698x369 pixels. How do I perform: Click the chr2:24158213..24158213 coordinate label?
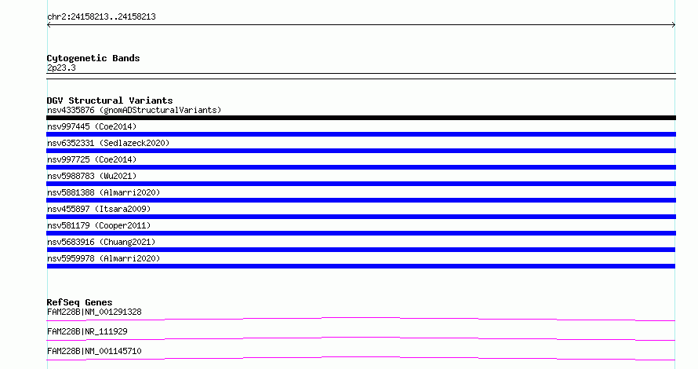point(101,17)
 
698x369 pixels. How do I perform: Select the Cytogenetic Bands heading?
point(93,58)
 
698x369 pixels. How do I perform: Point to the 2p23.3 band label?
point(61,68)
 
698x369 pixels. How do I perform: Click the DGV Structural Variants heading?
point(110,100)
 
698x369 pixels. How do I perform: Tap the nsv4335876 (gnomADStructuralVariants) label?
point(134,110)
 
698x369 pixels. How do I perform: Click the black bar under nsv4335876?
point(361,118)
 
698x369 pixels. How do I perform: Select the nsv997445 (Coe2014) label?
point(92,126)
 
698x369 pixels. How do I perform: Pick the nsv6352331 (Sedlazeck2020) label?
point(108,143)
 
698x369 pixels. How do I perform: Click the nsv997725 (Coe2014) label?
point(92,159)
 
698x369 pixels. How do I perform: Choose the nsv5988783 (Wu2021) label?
point(92,176)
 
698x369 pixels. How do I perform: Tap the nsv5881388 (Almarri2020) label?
point(104,192)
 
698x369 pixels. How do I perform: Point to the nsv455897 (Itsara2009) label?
point(99,209)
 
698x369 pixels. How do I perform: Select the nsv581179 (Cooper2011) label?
point(99,225)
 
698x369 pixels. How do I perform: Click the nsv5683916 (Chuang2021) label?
point(101,242)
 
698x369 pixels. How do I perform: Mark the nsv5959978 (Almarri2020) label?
point(104,258)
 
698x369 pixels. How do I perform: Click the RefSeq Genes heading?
point(79,302)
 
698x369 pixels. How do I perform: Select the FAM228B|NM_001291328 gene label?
point(94,312)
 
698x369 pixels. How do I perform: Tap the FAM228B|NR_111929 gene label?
point(87,331)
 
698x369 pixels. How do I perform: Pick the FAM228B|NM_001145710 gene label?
point(94,351)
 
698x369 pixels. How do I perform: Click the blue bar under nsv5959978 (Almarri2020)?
point(361,266)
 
